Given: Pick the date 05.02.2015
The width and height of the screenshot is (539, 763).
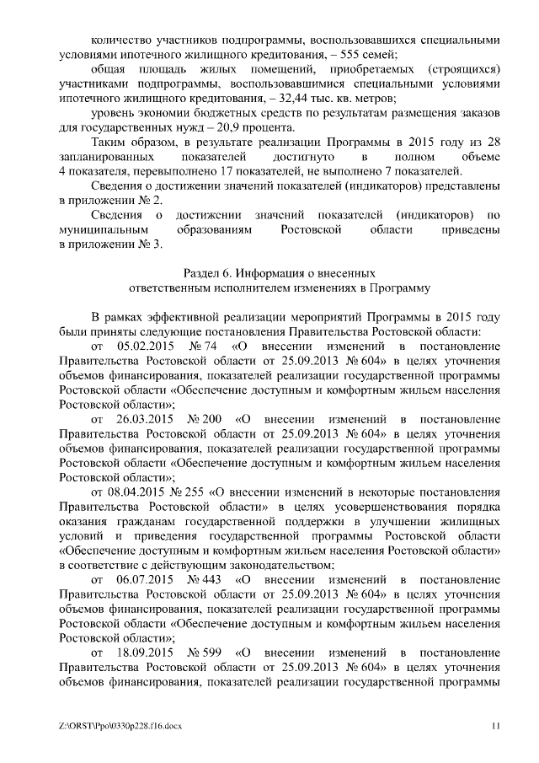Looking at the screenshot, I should [x=142, y=347].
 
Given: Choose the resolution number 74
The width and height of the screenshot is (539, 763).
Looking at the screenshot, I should [x=211, y=347].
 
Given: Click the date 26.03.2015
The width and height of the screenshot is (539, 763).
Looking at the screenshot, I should [x=142, y=419].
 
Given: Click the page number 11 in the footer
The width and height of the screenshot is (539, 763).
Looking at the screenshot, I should [x=496, y=726].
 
